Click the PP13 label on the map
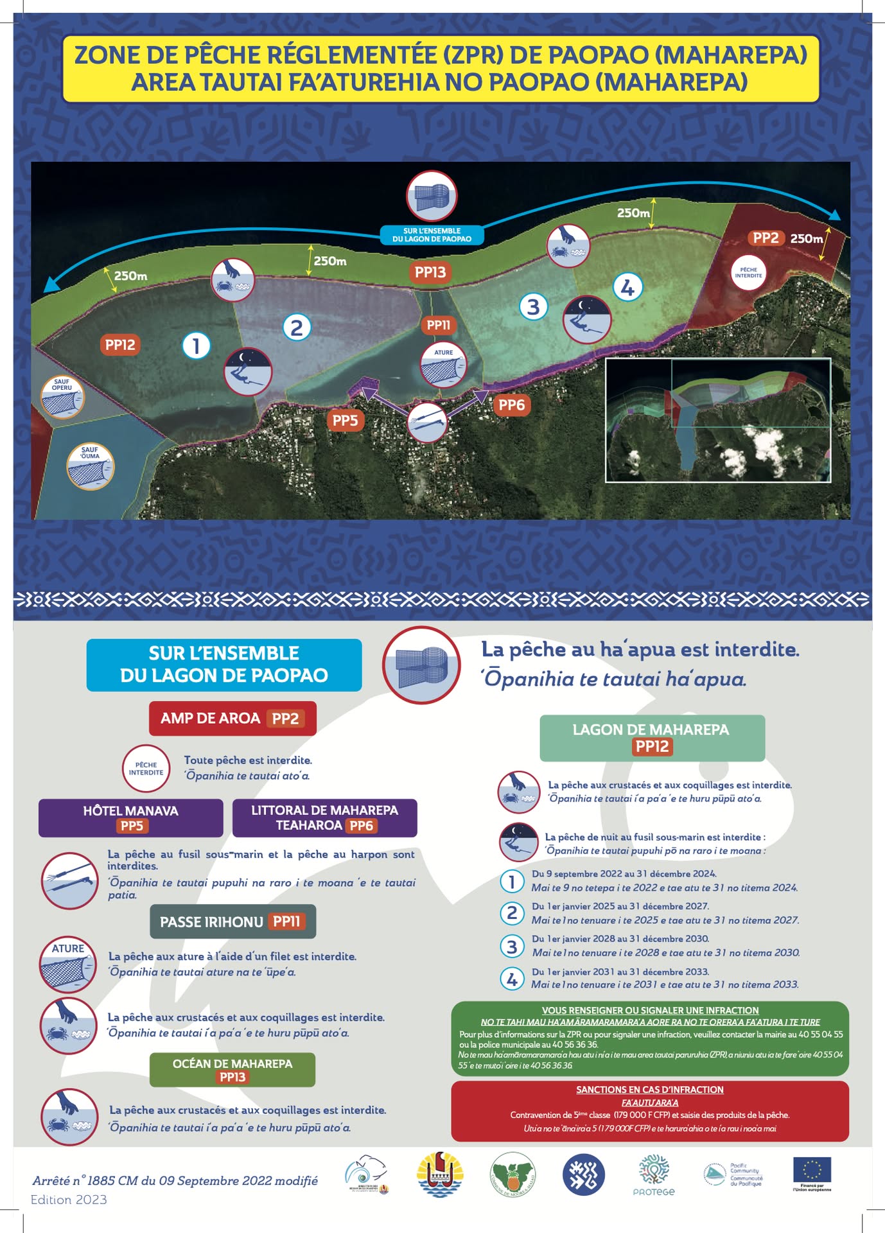click(x=430, y=272)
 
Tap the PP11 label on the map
click(x=439, y=326)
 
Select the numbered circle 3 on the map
click(x=533, y=307)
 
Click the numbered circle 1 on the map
click(x=196, y=345)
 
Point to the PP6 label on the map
click(x=511, y=405)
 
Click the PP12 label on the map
click(x=120, y=345)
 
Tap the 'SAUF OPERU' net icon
click(x=62, y=398)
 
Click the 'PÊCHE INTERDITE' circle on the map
click(x=748, y=273)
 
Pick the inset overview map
click(x=718, y=420)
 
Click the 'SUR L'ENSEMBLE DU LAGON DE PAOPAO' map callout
click(x=432, y=235)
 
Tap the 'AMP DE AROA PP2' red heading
click(x=232, y=718)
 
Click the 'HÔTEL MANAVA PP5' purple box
click(x=131, y=818)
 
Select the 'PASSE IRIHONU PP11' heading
click(x=232, y=922)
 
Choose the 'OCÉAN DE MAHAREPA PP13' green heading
click(x=232, y=1070)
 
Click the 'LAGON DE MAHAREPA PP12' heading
click(x=652, y=738)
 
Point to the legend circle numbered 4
click(x=512, y=979)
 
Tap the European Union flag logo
click(x=812, y=1171)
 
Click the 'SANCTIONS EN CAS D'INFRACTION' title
click(x=649, y=1090)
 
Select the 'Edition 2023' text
click(x=69, y=1200)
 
